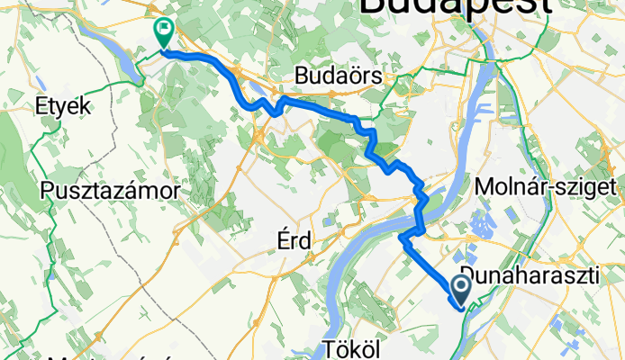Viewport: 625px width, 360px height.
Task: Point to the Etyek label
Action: (63, 105)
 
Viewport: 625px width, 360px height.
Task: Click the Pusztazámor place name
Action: (112, 191)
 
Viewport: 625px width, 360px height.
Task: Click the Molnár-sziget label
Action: (549, 186)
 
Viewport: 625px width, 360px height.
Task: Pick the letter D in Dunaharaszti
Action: (466, 274)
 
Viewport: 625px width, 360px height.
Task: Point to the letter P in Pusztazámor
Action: (48, 191)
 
